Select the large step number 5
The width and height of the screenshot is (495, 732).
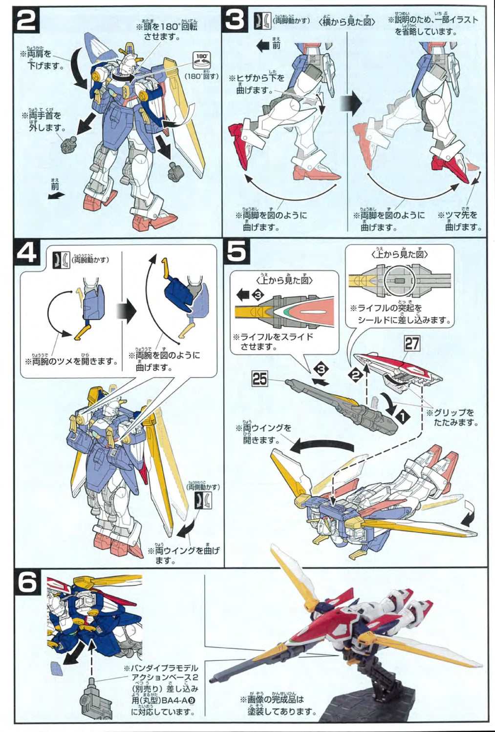pos(237,252)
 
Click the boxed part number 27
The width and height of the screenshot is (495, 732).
pos(411,343)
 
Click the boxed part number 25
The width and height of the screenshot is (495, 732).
pos(260,378)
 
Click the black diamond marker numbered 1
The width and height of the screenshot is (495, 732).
pos(402,416)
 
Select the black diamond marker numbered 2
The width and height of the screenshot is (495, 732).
pos(356,375)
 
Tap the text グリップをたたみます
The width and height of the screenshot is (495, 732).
pos(453,417)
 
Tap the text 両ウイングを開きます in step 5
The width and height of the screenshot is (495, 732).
pos(266,433)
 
